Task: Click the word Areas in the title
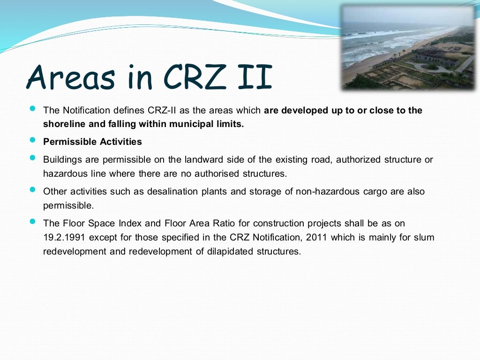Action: coord(71,77)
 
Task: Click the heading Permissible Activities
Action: coord(92,142)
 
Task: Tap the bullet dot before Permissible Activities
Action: coord(32,140)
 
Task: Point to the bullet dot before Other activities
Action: coord(32,190)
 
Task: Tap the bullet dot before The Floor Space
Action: coord(32,222)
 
